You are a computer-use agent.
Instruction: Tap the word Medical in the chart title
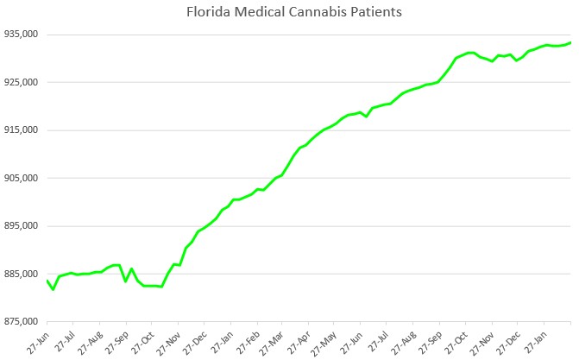click(260, 13)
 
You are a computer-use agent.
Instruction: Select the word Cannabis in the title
click(318, 13)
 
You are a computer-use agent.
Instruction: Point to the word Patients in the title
click(376, 13)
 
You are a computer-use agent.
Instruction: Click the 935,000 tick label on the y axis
click(21, 35)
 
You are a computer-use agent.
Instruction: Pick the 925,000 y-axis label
click(21, 82)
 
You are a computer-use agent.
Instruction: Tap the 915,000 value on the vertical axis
click(21, 130)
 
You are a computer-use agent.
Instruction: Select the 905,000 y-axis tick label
click(21, 178)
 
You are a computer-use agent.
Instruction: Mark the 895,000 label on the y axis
click(21, 226)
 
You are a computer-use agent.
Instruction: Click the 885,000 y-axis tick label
click(21, 274)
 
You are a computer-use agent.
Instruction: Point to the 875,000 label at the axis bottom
click(21, 322)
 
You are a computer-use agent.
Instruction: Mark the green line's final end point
click(571, 42)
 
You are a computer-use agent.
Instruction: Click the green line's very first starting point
click(47, 281)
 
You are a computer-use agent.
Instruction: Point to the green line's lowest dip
click(53, 289)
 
